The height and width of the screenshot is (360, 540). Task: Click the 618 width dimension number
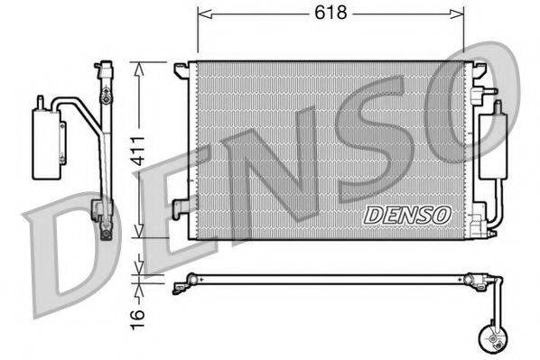(x=331, y=14)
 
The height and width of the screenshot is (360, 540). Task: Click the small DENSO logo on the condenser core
(x=406, y=215)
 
